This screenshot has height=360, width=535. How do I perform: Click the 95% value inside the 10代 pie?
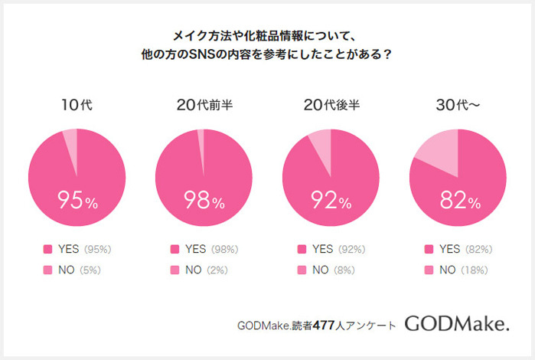[x=77, y=201]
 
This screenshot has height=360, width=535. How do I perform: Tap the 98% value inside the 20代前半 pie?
[x=204, y=201]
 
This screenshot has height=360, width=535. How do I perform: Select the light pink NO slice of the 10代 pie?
[x=70, y=141]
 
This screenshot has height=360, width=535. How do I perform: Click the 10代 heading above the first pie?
[x=77, y=106]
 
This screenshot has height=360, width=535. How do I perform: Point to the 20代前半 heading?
[x=204, y=106]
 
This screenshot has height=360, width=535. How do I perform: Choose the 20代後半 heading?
[x=331, y=106]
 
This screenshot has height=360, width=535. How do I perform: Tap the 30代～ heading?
[x=458, y=106]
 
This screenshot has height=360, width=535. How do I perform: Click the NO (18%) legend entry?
[x=460, y=270]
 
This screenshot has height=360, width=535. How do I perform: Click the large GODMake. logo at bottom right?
[x=456, y=324]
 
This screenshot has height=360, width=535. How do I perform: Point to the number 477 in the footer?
[x=323, y=326]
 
